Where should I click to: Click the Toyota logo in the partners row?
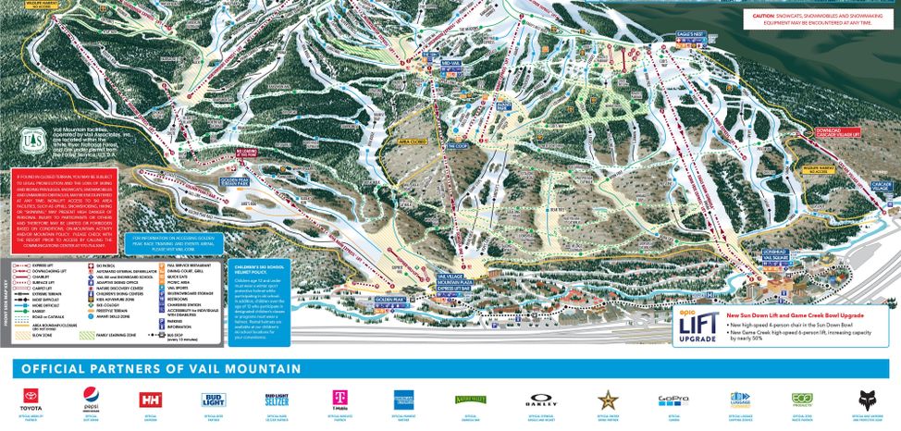pyautogui.click(x=33, y=399)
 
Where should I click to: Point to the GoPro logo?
pyautogui.click(x=668, y=399)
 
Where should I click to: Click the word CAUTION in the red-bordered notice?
pyautogui.click(x=764, y=16)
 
